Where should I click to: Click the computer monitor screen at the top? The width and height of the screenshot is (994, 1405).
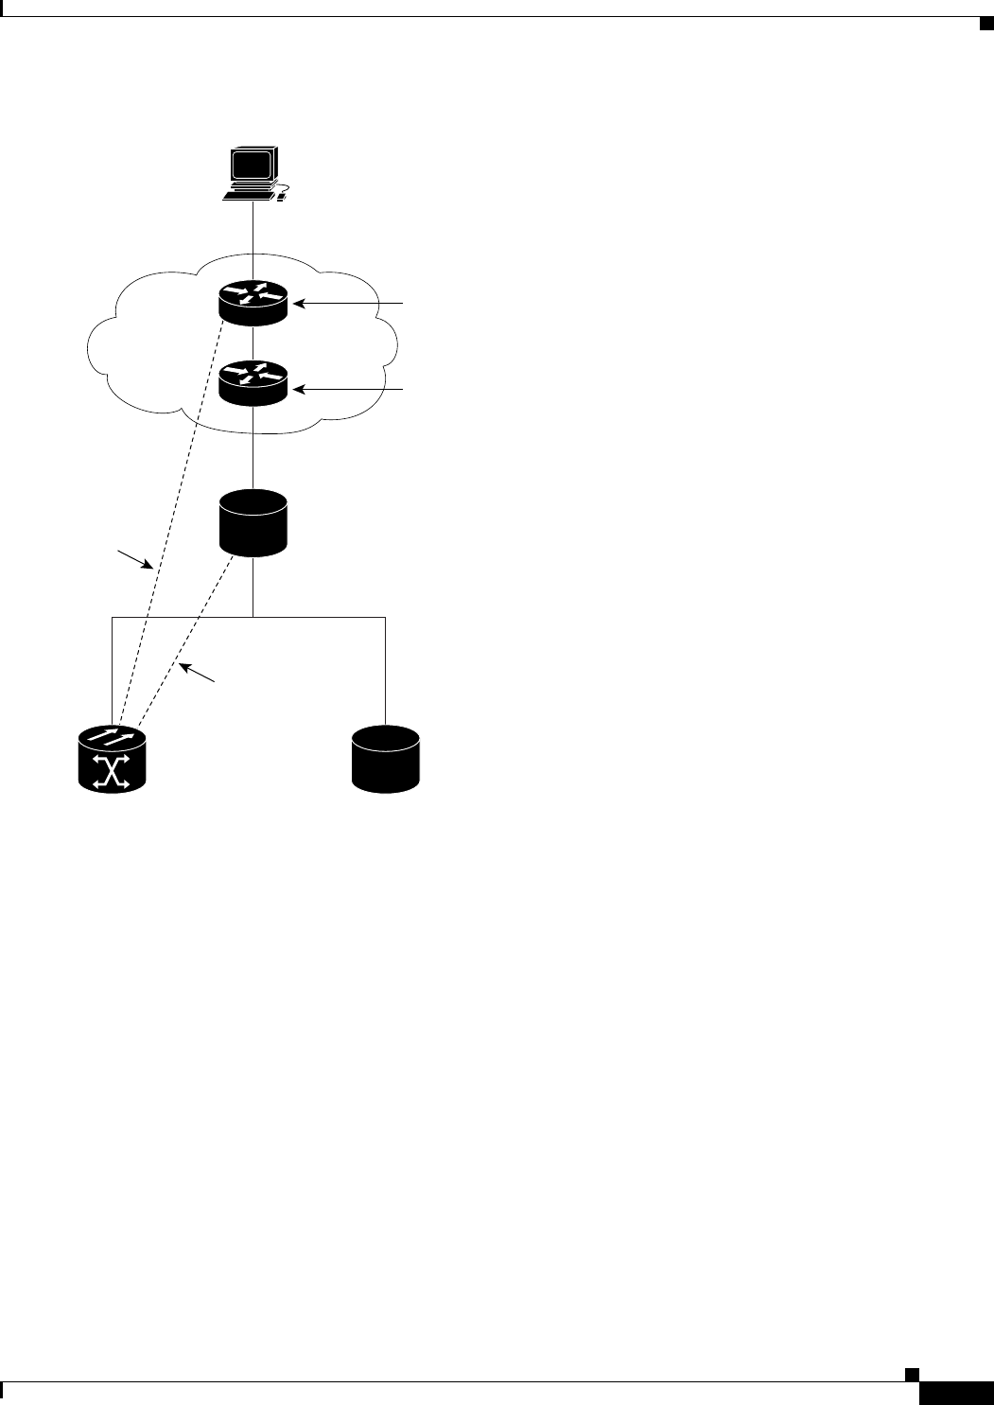coord(252,167)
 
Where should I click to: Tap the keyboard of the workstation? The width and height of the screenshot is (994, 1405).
coord(248,196)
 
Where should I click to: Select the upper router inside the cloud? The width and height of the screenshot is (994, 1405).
coord(252,302)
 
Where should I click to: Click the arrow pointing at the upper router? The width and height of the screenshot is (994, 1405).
coord(350,304)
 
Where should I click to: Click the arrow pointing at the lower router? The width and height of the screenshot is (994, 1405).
coord(350,388)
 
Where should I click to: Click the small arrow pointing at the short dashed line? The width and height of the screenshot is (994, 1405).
coord(199,673)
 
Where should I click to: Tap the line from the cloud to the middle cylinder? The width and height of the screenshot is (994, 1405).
coord(253,459)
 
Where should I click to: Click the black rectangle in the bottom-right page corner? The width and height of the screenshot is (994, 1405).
coord(955,1393)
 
